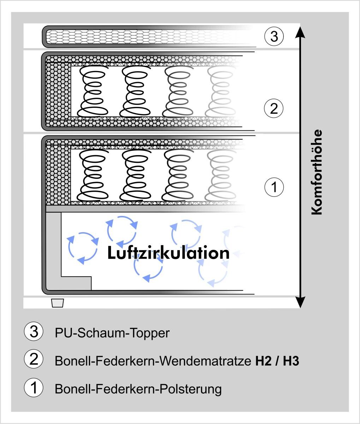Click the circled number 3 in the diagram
tap(274, 36)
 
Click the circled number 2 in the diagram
tap(274, 108)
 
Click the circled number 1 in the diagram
tap(274, 186)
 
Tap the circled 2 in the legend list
tap(34, 360)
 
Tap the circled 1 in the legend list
tap(34, 388)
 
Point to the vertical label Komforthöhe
tap(317, 172)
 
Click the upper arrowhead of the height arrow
tap(300, 32)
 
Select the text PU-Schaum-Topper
tap(112, 333)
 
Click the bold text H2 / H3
tap(277, 361)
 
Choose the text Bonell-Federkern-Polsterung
tap(138, 389)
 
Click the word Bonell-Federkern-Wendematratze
tap(153, 361)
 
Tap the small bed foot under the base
tap(57, 303)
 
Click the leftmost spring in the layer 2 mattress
tap(92, 92)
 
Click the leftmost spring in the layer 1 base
tap(92, 174)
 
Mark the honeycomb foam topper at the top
tap(141, 36)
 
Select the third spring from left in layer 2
tap(178, 92)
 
